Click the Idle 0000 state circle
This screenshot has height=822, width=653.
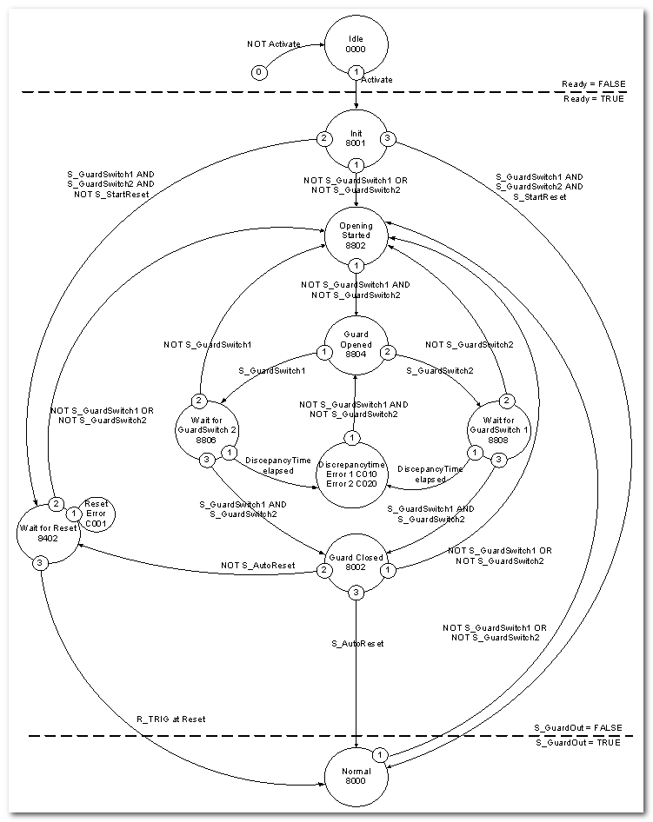[x=356, y=45]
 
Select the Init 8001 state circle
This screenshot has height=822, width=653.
[x=356, y=138]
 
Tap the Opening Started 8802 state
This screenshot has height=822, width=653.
[x=356, y=235]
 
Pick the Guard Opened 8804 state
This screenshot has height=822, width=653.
[x=356, y=346]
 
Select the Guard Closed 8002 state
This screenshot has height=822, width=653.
[x=356, y=558]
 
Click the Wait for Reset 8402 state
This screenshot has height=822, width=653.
[x=45, y=532]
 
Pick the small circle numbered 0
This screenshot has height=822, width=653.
[x=258, y=72]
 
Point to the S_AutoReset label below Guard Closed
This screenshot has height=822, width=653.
[x=356, y=644]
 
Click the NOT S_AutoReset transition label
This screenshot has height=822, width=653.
[x=257, y=566]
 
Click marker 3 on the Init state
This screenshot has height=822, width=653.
[x=390, y=138]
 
